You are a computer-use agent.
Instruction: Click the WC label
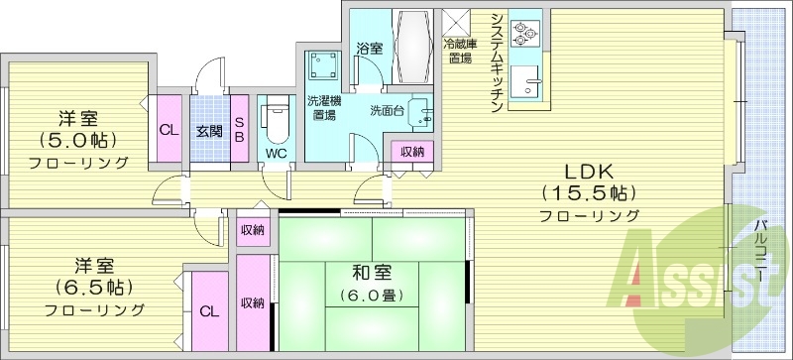[275, 154]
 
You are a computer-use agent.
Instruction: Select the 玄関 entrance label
[208, 131]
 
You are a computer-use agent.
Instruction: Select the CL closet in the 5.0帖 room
[169, 128]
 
